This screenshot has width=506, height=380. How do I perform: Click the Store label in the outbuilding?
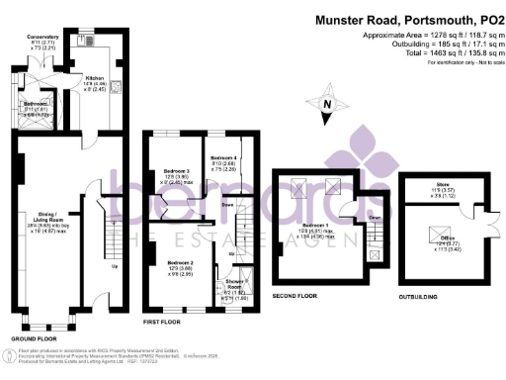coord(436,190)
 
